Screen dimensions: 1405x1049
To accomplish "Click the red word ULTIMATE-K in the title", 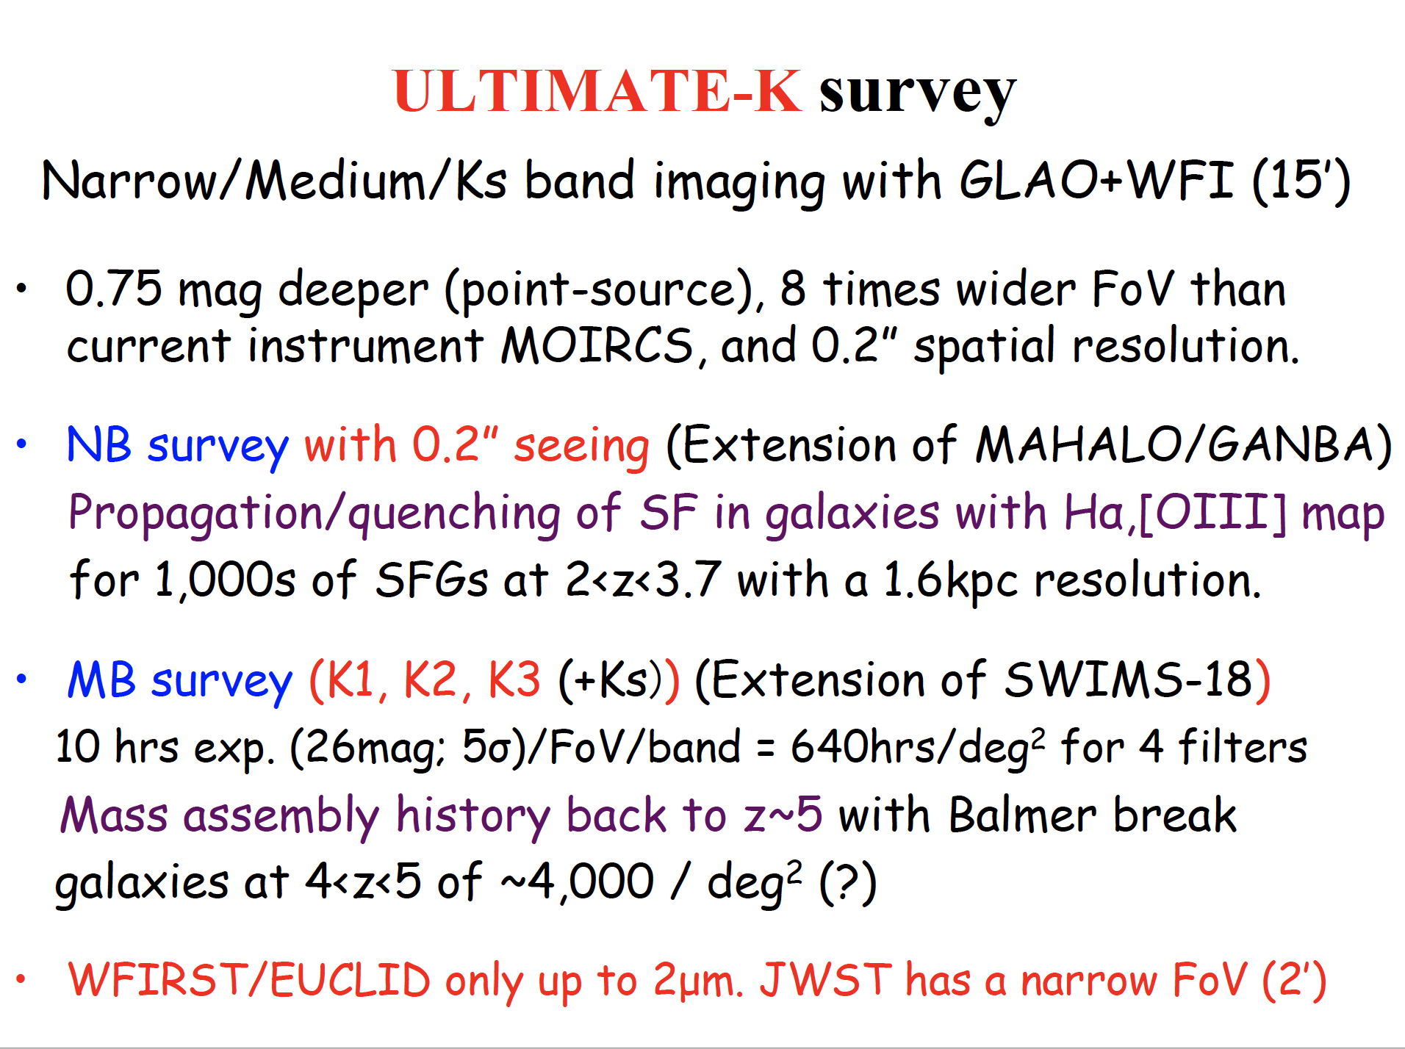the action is tap(597, 91).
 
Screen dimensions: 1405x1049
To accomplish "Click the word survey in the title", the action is tap(918, 95).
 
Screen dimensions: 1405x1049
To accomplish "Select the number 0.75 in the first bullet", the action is tap(113, 288).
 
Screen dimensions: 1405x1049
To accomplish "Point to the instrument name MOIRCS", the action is tap(597, 345).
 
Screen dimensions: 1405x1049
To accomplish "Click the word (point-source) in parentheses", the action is tap(599, 290).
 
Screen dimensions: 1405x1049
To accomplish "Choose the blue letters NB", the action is tap(99, 445).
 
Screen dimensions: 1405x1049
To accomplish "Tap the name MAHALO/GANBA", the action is tap(1176, 445).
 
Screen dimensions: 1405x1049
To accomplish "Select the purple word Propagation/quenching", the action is tap(315, 513).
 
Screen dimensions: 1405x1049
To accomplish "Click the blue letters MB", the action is tap(101, 680).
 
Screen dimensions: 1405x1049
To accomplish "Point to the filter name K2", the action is tap(431, 679).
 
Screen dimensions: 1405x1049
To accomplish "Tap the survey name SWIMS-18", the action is tap(1127, 679).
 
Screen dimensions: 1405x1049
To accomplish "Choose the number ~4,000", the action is tap(578, 882).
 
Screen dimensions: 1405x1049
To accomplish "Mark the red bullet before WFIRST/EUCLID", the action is tap(21, 978).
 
